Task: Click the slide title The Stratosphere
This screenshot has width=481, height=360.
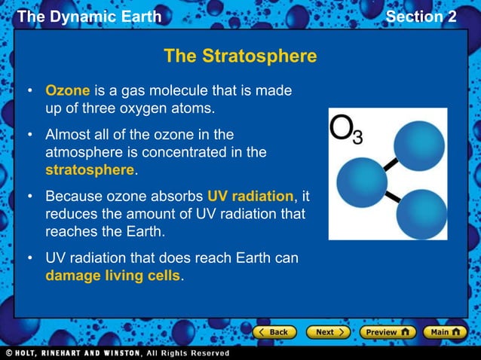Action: pyautogui.click(x=240, y=56)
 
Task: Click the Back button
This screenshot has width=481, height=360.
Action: pyautogui.click(x=273, y=331)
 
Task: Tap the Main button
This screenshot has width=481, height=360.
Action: pyautogui.click(x=445, y=331)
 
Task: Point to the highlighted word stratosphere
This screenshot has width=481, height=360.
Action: pyautogui.click(x=90, y=169)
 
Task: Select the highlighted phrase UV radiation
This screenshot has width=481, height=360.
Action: pyautogui.click(x=250, y=197)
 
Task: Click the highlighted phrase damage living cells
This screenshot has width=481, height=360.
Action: pyautogui.click(x=113, y=276)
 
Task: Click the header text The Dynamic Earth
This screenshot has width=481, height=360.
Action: pyautogui.click(x=89, y=17)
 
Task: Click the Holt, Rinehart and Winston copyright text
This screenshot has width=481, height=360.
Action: pyautogui.click(x=117, y=352)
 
